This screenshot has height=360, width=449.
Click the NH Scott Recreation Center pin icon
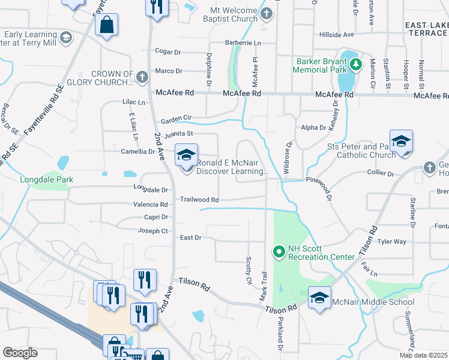[x=279, y=251]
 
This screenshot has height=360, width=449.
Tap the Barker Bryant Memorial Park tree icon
[x=356, y=64]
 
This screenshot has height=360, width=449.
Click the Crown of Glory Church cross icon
[x=142, y=77]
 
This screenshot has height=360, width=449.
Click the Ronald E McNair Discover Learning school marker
[x=186, y=155]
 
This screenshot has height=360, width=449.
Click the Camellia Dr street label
[x=137, y=152]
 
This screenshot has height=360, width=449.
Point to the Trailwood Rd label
[x=199, y=199]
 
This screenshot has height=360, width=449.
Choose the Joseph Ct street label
[x=152, y=230]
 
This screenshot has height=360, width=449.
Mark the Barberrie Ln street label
[x=243, y=43]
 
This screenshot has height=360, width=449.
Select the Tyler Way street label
[x=392, y=242]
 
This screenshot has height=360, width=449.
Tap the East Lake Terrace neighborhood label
[x=426, y=29]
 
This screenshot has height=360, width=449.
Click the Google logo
[x=20, y=353]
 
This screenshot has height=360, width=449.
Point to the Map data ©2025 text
[x=423, y=355]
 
